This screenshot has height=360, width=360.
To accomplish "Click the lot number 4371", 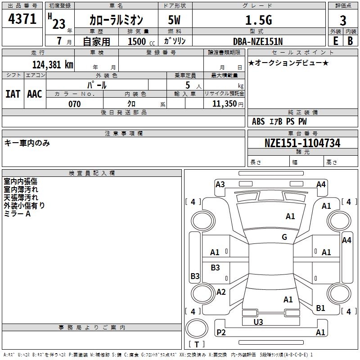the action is click(x=22, y=19).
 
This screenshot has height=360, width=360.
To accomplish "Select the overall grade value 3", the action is click(x=343, y=20).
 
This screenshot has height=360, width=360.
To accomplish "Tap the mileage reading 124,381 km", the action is click(x=53, y=65).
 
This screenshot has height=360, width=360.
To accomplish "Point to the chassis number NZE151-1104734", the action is click(x=302, y=143).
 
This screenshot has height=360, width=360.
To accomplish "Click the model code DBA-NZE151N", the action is click(x=258, y=41).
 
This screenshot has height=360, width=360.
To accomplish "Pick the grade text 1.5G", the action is click(x=258, y=20).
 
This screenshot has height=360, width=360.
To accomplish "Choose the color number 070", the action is click(x=74, y=104).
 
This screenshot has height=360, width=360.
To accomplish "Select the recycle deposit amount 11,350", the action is click(x=224, y=104).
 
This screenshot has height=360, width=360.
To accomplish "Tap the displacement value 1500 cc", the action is click(x=141, y=41).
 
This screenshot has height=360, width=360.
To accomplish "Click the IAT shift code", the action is click(x=13, y=94).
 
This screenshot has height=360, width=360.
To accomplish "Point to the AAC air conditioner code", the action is click(x=35, y=94).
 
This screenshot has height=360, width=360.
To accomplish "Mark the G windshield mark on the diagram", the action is click(x=284, y=237).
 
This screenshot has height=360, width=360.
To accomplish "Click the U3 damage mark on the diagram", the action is click(x=258, y=322).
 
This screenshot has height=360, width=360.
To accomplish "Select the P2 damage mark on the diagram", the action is click(x=221, y=332).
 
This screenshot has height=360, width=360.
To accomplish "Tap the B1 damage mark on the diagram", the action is click(x=320, y=308).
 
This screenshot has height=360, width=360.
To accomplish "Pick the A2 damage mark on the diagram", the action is click(x=221, y=292).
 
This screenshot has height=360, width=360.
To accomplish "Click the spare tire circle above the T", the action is click(x=197, y=328).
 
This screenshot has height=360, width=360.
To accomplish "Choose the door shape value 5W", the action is click(x=174, y=20).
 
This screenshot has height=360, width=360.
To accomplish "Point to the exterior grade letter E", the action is click(x=335, y=41).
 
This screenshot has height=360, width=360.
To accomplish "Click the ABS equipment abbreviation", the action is click(x=258, y=121).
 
